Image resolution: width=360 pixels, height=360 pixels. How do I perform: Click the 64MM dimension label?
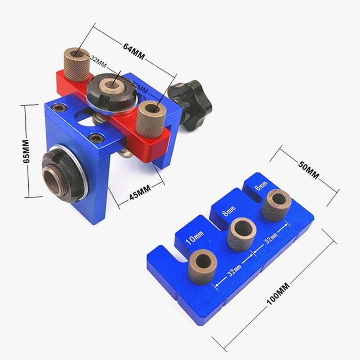tap(134, 52)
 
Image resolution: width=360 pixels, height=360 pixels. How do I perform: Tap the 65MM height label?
tap(26, 151)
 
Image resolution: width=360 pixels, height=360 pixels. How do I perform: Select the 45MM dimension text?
tap(140, 193)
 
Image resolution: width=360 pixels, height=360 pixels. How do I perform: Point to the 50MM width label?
tap(309, 170)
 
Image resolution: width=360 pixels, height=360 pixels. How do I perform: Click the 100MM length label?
tap(278, 293)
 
